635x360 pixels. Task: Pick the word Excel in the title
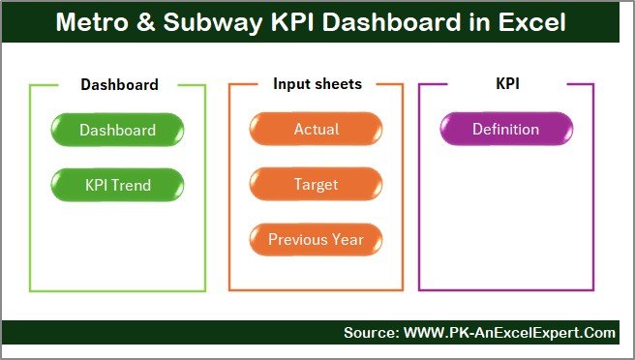coord(531,22)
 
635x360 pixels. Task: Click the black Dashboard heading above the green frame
coord(119,84)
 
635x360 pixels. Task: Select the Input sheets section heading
coord(317,84)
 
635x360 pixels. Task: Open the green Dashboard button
coord(117,130)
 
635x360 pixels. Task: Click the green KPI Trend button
coord(117,184)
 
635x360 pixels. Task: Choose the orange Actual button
coord(317,130)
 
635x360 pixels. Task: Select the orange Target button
coord(317,184)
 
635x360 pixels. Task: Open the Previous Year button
coord(317,239)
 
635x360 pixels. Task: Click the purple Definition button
coord(505,130)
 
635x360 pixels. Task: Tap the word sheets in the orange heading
coord(338,84)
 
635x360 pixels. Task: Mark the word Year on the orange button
coord(348,239)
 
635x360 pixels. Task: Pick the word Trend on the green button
coord(132,184)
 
